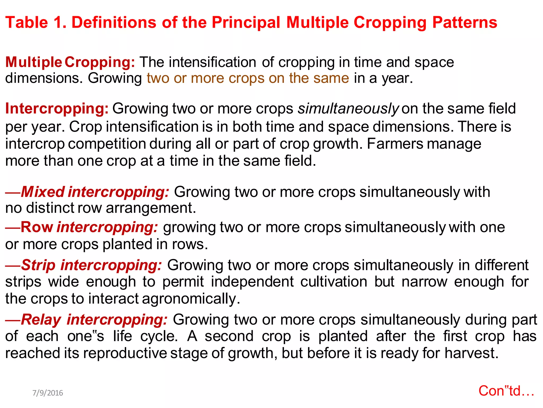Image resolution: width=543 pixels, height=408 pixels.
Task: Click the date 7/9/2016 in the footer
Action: pos(48,393)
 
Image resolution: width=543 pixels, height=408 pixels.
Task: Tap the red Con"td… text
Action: pos(506,391)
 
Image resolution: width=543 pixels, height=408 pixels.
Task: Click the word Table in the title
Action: pos(27,22)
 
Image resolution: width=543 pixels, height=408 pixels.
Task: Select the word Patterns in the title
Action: pos(465,22)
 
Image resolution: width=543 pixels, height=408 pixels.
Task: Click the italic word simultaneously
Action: pos(348,109)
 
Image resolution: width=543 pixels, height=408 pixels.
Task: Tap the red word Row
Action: pos(37,227)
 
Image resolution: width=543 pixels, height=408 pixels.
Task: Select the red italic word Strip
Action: pos(38,265)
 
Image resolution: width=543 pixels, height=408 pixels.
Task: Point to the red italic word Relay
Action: pos(41,320)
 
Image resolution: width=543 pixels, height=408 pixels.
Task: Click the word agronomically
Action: pos(191,299)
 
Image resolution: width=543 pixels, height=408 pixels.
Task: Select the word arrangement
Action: pos(150,208)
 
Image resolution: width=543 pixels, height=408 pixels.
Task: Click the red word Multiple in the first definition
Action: pos(34,62)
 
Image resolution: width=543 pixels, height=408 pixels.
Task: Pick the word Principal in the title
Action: pos(246,22)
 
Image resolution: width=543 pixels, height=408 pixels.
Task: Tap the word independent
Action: pos(252,282)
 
